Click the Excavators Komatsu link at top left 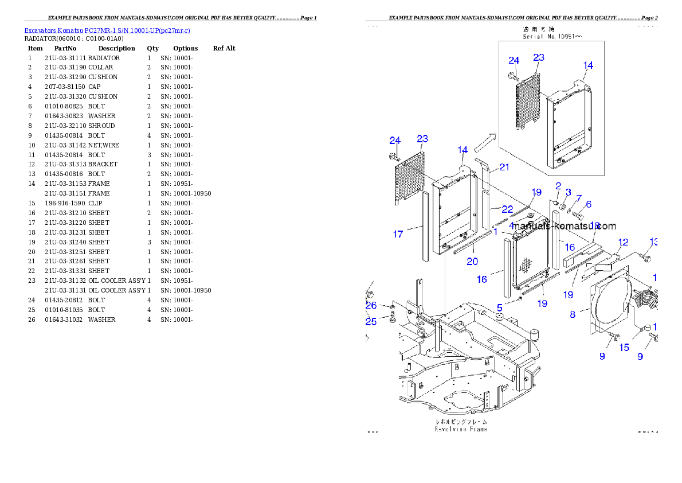point(107,30)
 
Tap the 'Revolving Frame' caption point(461,429)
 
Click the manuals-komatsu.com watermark point(564,227)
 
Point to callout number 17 point(398,234)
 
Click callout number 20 point(472,262)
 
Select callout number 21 point(504,168)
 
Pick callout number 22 point(508,209)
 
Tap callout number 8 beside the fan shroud point(573,314)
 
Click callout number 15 point(624,348)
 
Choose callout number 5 point(500,307)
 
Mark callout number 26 point(371,306)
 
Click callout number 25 point(371,322)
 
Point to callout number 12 point(623,242)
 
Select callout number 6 point(588,204)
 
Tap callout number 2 point(558,185)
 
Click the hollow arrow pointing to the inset point(484,141)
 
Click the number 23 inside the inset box point(538,57)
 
